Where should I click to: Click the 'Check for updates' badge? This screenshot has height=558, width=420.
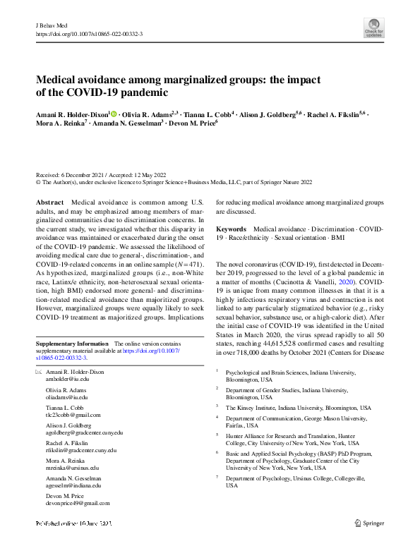point(374,28)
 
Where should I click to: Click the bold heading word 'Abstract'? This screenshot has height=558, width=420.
point(49,202)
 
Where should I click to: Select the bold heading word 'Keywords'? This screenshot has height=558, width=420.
point(231,229)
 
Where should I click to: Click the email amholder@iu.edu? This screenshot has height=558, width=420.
point(67,378)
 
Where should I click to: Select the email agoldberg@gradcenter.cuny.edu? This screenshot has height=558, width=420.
point(84,432)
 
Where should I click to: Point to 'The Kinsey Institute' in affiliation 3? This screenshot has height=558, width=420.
point(251,408)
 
